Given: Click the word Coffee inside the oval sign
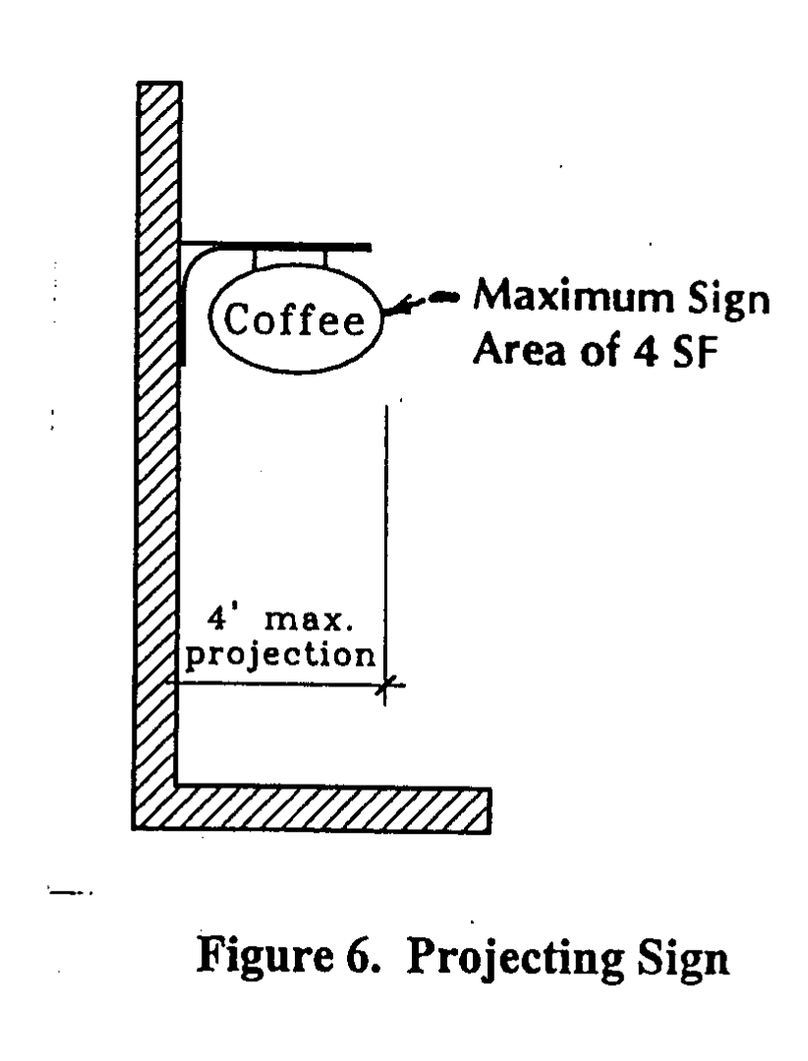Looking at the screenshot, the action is [290, 320].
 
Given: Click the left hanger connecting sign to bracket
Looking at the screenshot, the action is [257, 257].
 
